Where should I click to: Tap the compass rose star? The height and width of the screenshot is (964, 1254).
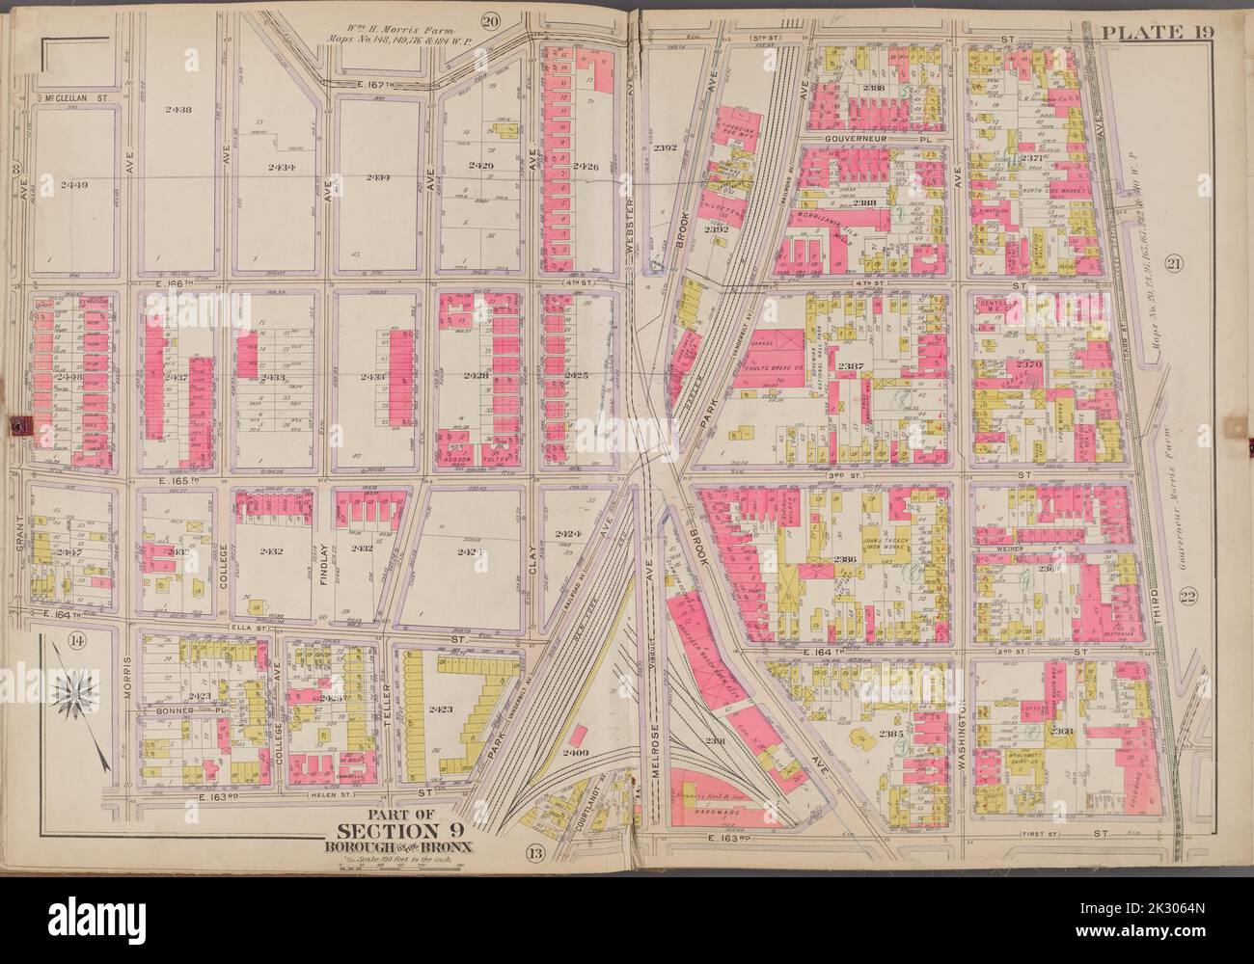[74, 696]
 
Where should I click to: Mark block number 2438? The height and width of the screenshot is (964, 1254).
[178, 110]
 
